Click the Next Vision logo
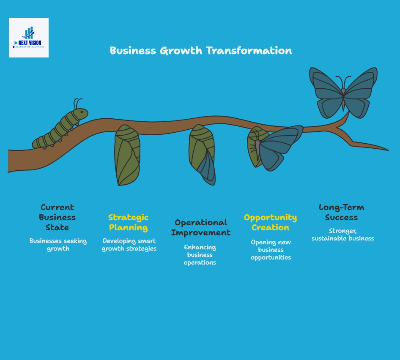click(29, 38)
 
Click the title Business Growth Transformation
click(200, 51)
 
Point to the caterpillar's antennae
click(78, 103)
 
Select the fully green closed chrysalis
click(127, 155)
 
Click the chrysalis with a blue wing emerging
click(202, 155)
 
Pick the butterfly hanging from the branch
click(275, 148)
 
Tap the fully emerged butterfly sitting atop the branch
click(343, 93)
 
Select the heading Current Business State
click(57, 217)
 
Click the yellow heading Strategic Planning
click(129, 222)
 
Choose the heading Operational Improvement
click(201, 227)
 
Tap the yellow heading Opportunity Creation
click(270, 222)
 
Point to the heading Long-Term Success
click(341, 212)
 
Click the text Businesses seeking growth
click(58, 245)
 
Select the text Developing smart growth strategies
click(129, 245)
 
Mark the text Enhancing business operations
click(200, 255)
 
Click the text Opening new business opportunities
click(271, 250)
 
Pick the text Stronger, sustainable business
click(343, 235)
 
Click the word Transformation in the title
click(249, 51)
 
